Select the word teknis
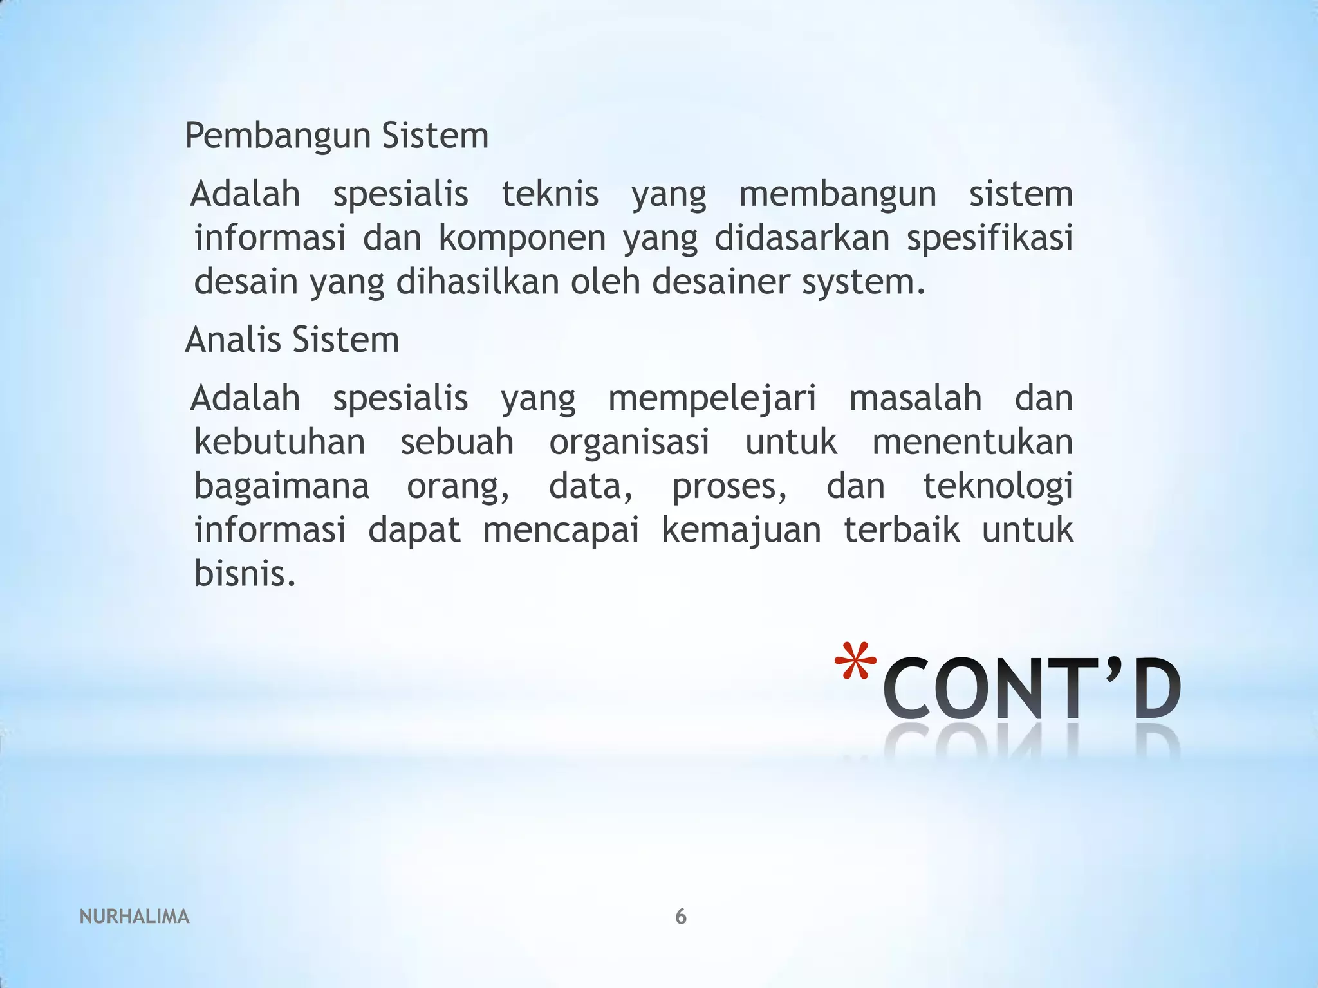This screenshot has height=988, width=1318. click(550, 194)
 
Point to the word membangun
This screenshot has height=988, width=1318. click(837, 194)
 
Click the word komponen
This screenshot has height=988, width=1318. click(522, 238)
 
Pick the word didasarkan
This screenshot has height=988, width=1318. click(801, 237)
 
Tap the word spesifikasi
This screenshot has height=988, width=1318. click(989, 237)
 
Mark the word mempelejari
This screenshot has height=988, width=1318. click(712, 399)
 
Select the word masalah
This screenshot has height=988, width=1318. click(915, 398)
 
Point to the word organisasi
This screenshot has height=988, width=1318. click(629, 442)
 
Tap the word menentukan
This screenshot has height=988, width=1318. click(972, 442)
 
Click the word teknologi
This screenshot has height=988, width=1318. click(998, 486)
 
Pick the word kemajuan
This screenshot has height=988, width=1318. click(741, 531)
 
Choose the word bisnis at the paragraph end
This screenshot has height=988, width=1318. click(245, 573)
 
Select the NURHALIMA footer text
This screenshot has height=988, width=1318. click(135, 917)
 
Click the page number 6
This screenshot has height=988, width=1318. click(681, 917)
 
